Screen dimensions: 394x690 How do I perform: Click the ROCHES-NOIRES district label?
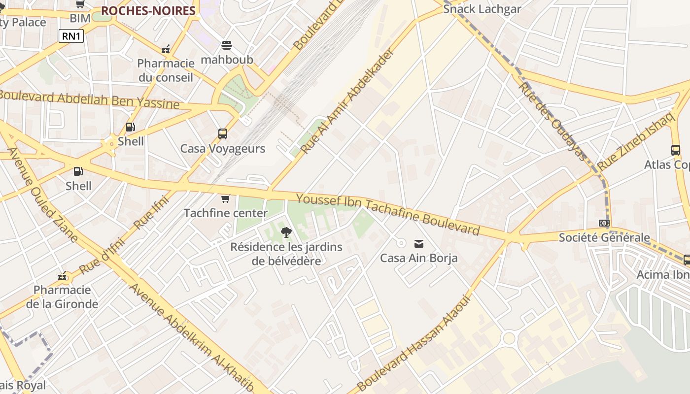148,11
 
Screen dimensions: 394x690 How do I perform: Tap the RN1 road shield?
71,36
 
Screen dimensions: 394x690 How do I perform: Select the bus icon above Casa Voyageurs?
223,133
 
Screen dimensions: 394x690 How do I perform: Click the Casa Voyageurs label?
223,148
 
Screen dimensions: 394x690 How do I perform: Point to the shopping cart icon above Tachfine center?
226,198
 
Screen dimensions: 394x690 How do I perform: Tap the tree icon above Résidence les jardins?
286,232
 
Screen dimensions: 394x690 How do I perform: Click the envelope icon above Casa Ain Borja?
419,243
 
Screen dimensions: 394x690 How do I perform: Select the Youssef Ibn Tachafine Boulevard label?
388,214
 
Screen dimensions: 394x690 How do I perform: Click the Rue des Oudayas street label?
553,121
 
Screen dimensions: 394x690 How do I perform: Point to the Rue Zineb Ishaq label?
635,141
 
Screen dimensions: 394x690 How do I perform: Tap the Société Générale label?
604,237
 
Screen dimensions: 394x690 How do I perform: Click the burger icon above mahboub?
227,45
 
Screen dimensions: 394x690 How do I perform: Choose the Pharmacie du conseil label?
166,70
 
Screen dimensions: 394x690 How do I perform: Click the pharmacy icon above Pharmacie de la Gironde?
62,276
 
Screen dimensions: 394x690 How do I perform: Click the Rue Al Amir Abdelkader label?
347,100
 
